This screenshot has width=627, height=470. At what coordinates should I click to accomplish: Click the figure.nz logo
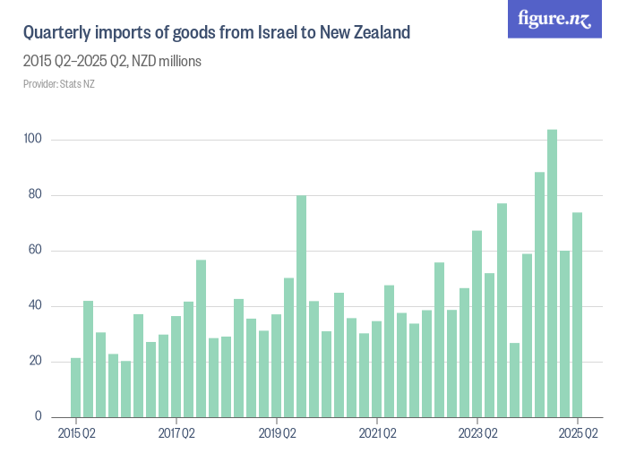[554, 19]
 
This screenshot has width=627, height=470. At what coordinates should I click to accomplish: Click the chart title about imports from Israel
[216, 33]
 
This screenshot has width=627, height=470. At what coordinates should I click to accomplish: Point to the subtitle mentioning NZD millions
[112, 62]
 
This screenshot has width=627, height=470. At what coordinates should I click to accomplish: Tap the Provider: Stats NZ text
[58, 84]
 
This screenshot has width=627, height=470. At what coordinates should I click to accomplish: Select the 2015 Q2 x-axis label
[76, 435]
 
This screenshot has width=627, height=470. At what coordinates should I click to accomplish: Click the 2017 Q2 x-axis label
[176, 435]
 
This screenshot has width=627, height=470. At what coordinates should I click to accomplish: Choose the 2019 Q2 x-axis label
[277, 435]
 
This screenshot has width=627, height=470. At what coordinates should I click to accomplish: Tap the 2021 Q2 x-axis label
[377, 435]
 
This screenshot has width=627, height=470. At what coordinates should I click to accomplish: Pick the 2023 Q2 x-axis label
[477, 435]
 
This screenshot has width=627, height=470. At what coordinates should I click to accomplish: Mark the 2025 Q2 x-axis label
[578, 435]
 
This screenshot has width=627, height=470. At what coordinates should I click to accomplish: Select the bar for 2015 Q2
[76, 388]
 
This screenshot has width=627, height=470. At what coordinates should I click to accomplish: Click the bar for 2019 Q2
[277, 366]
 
